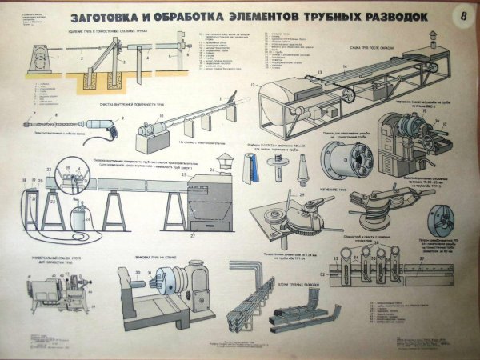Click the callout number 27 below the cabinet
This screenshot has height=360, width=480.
pyautogui.click(x=192, y=238)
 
